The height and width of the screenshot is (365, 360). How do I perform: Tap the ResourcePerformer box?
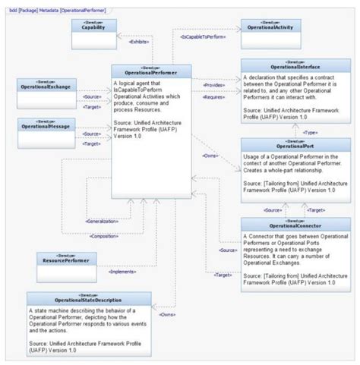pyautogui.click(x=68, y=261)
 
